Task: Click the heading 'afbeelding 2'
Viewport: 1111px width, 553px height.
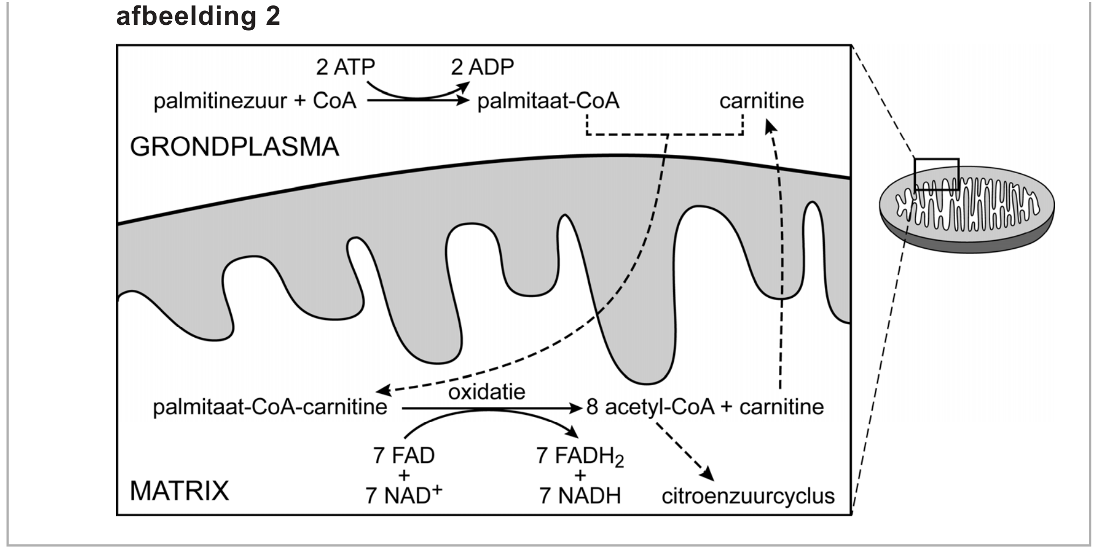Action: tap(198, 16)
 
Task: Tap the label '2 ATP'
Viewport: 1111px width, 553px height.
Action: tap(345, 67)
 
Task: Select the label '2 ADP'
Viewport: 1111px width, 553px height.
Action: tap(482, 67)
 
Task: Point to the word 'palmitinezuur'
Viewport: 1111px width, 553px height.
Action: tap(220, 101)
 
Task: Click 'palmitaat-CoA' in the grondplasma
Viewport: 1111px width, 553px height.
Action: tap(548, 101)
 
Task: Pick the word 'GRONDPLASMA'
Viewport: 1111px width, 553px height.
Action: tap(234, 147)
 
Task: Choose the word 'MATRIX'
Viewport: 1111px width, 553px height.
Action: tap(180, 491)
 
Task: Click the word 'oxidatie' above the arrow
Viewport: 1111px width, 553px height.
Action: tap(487, 391)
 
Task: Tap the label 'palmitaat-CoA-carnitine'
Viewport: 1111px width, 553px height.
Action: tap(270, 407)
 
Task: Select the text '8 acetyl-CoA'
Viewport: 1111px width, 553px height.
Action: tap(650, 407)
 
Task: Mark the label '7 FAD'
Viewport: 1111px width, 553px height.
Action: tap(403, 456)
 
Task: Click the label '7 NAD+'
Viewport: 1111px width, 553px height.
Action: tap(403, 495)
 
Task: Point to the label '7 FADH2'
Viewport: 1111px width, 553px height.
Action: tap(579, 456)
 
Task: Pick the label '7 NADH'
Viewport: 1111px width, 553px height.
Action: tap(580, 495)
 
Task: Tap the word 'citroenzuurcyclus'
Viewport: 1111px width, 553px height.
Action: tap(748, 496)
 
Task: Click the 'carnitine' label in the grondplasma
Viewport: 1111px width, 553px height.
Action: tap(761, 101)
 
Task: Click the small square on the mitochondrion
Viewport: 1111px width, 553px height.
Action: tap(936, 174)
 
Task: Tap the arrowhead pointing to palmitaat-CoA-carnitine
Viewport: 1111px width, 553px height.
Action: tap(382, 391)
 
